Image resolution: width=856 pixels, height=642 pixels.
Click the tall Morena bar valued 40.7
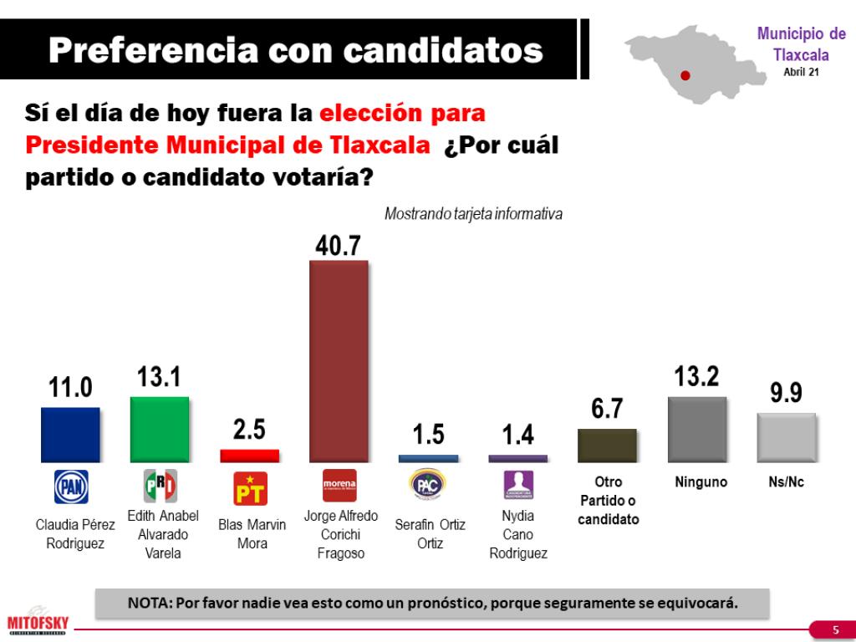[x=339, y=361]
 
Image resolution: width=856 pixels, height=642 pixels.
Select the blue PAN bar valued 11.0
[x=70, y=435]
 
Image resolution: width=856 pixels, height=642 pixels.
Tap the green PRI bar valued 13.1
[x=160, y=429]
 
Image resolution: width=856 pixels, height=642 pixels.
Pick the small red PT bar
[x=249, y=456]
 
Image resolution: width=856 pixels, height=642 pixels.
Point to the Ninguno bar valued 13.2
[x=697, y=430]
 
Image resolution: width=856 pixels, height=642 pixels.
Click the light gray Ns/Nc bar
[x=786, y=437]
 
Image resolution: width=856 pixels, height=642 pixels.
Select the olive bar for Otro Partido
[x=608, y=446]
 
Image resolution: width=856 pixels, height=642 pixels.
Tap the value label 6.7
[x=607, y=408]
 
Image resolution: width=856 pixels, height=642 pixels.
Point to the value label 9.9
[x=786, y=392]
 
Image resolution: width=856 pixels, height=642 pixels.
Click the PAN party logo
[x=71, y=487]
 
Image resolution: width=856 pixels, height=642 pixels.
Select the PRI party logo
[x=160, y=486]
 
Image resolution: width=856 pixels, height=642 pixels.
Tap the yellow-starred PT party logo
[x=250, y=487]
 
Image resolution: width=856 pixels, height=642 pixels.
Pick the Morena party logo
[x=339, y=486]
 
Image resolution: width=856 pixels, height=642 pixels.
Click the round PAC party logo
[x=429, y=486]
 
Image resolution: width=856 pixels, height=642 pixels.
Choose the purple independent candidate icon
[x=518, y=486]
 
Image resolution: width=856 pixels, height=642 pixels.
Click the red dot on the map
[x=685, y=75]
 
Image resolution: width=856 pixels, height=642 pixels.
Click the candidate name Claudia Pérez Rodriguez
[x=75, y=534]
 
